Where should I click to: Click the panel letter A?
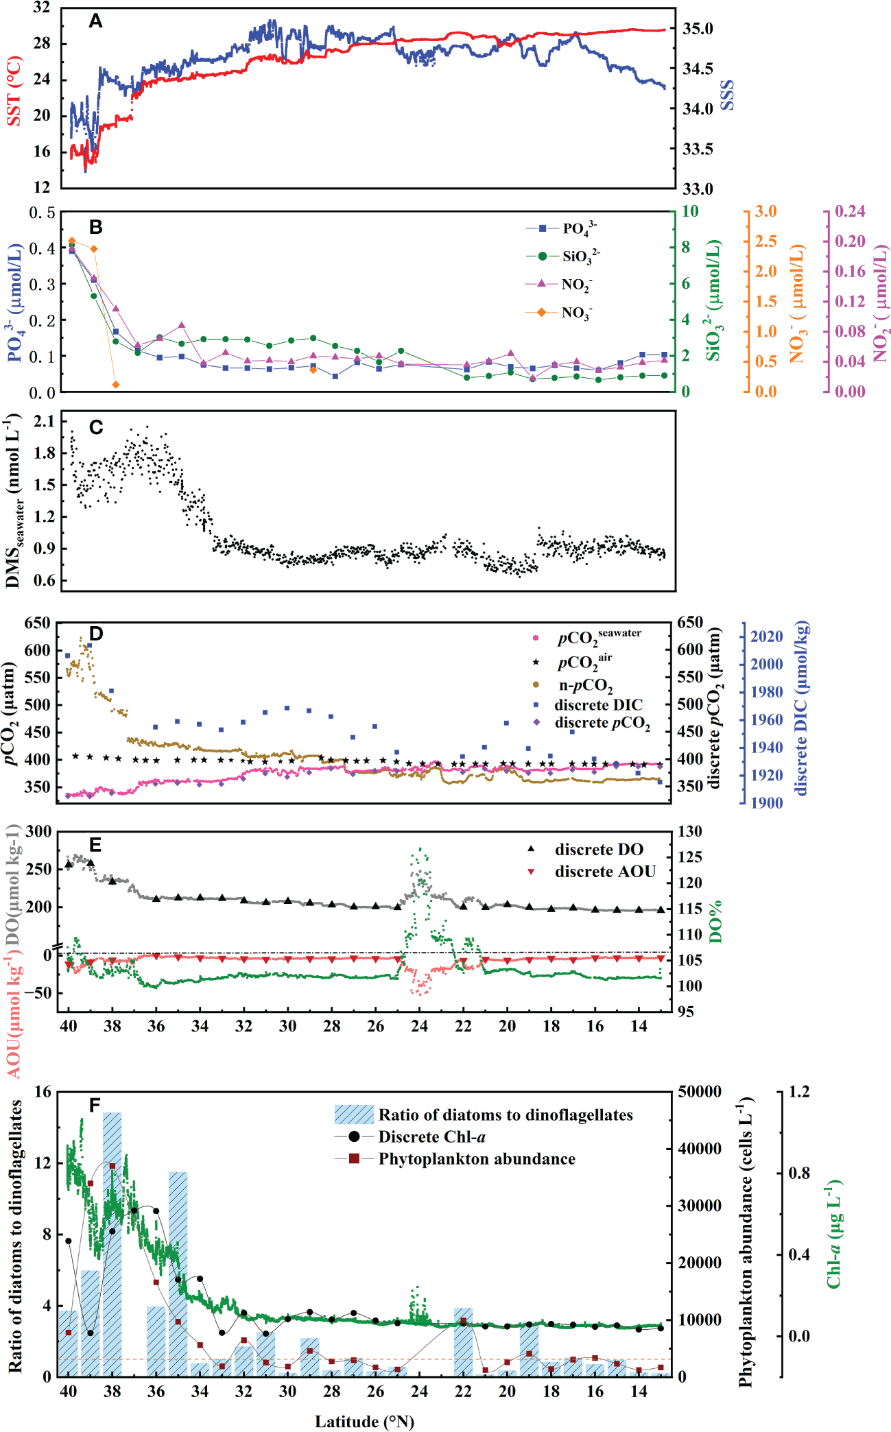(x=96, y=22)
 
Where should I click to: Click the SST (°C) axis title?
(x=14, y=91)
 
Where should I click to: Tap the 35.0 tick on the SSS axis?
(x=698, y=29)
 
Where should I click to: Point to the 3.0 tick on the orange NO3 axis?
(x=765, y=211)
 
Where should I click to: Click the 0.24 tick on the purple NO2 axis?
(x=849, y=211)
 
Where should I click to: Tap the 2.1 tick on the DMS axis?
(x=44, y=421)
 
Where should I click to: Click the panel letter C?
(x=96, y=427)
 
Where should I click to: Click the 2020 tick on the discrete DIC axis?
(x=766, y=636)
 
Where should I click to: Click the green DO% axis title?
(x=716, y=922)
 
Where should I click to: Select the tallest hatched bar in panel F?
(x=112, y=1243)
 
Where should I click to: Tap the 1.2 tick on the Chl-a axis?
(x=798, y=1091)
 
